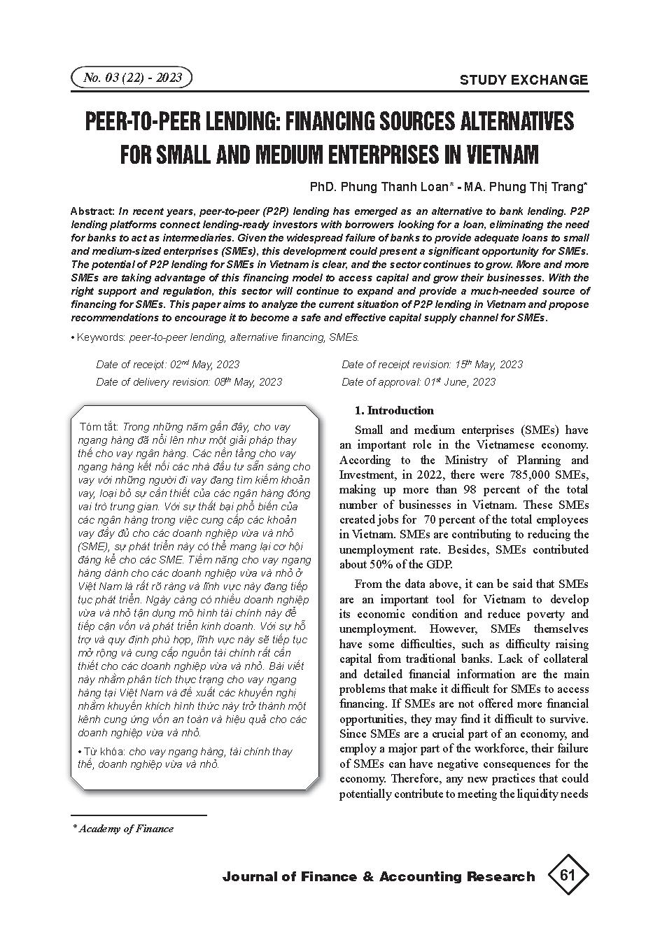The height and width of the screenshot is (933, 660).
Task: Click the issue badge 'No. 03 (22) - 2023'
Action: click(x=132, y=78)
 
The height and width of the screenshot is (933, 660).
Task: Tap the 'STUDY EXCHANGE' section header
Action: click(x=524, y=80)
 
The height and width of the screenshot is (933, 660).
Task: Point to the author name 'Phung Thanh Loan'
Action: click(x=405, y=187)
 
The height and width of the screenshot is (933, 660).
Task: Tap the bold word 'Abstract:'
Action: click(x=93, y=211)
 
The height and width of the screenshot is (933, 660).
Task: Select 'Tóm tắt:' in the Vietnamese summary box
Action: click(x=100, y=426)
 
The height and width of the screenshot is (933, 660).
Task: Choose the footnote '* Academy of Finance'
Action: click(x=123, y=829)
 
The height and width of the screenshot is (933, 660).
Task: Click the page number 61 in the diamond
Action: click(x=567, y=876)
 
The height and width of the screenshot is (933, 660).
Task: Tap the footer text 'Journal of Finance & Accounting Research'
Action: click(x=378, y=876)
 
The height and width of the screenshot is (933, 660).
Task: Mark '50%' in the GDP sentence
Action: click(x=379, y=565)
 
